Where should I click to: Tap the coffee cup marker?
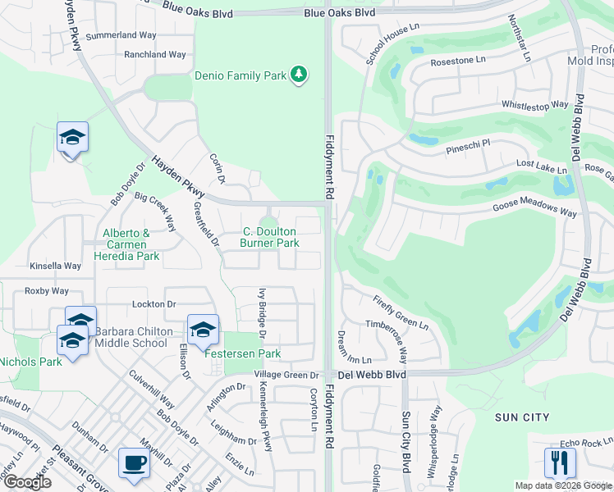pyautogui.click(x=134, y=462)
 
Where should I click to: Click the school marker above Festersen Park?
pyautogui.click(x=203, y=330)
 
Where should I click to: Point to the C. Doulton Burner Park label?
pyautogui.click(x=269, y=238)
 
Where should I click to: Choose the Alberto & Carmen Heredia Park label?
pyautogui.click(x=126, y=244)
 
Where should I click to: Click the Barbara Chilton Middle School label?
pyautogui.click(x=131, y=337)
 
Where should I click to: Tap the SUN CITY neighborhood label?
pyautogui.click(x=522, y=417)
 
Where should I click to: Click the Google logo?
pyautogui.click(x=27, y=481)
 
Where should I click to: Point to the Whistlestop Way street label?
pyautogui.click(x=534, y=105)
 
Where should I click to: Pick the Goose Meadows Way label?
pyautogui.click(x=535, y=210)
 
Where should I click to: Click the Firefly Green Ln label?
pyautogui.click(x=400, y=313)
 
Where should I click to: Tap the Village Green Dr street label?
pyautogui.click(x=284, y=375)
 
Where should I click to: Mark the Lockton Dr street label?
pyautogui.click(x=154, y=303)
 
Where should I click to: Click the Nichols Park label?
pyautogui.click(x=30, y=362)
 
